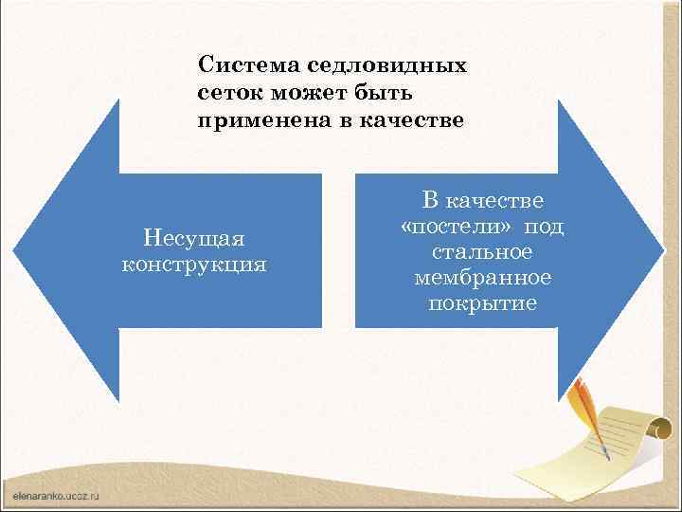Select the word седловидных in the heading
[387, 66]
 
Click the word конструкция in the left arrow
[194, 263]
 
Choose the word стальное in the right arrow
[482, 252]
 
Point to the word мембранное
[482, 278]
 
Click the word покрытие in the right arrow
[482, 303]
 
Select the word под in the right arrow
[545, 227]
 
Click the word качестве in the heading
[416, 120]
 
